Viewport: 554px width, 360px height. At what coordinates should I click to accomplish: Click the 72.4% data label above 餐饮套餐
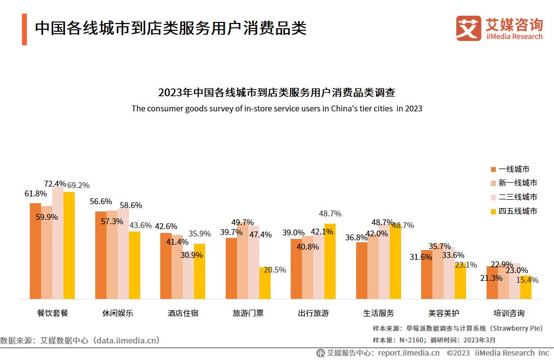tap(55, 184)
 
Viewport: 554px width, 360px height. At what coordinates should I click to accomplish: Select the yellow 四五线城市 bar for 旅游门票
tap(265, 283)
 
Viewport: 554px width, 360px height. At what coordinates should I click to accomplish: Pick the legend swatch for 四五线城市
tap(493, 212)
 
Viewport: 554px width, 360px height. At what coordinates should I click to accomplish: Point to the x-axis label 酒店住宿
tap(183, 313)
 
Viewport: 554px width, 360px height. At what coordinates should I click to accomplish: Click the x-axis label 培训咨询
tap(509, 313)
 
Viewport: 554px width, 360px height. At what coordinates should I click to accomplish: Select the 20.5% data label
tap(275, 270)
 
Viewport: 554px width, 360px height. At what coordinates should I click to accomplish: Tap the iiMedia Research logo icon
tap(469, 28)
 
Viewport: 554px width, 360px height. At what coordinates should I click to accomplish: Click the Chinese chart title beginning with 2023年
tap(277, 92)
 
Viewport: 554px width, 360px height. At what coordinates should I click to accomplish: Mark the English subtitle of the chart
tap(277, 108)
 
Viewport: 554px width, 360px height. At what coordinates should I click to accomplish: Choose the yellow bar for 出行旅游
tap(330, 261)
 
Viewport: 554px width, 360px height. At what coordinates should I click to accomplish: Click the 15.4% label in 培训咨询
tap(528, 280)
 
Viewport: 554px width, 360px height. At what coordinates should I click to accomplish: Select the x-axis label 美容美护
tap(444, 313)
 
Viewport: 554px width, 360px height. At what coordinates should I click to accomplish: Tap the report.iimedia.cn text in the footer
tap(408, 353)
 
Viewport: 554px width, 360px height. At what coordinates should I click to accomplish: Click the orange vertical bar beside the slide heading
tap(24, 29)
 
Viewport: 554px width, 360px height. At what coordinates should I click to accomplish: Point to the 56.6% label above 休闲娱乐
tap(101, 201)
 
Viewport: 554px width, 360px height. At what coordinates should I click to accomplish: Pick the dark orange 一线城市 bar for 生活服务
tap(362, 270)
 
